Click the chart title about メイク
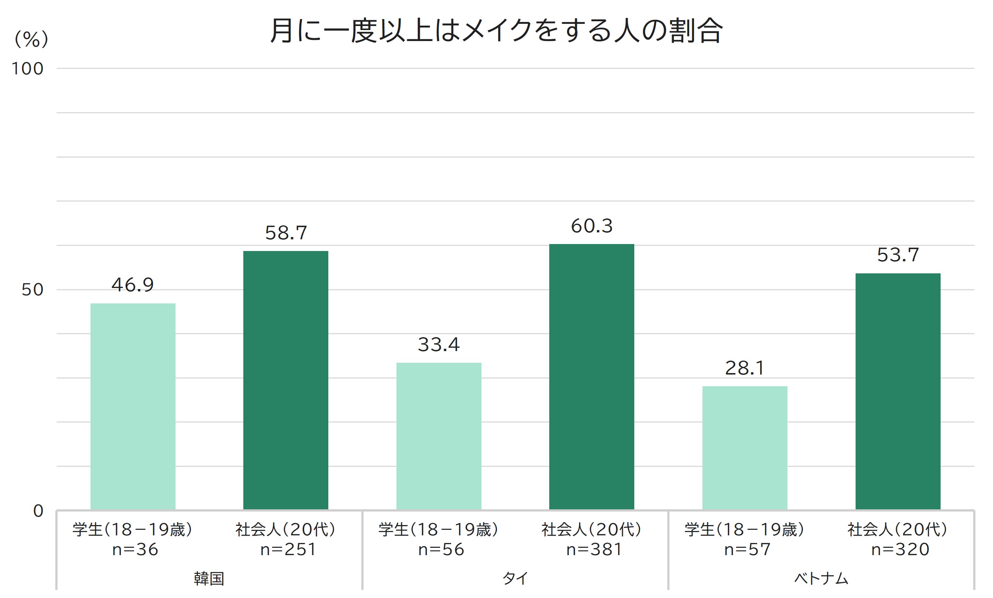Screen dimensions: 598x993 [496, 31]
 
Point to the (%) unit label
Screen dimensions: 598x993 [31, 40]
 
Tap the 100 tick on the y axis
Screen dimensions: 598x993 [27, 69]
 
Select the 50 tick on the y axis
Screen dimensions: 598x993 [32, 290]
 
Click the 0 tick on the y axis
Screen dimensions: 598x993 [38, 511]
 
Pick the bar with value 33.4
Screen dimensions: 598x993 [439, 436]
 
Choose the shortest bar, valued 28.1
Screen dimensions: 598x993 [745, 448]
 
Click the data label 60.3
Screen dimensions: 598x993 [591, 226]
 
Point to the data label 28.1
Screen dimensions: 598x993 [745, 368]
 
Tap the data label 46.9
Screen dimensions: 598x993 [133, 285]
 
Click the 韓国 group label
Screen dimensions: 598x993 [208, 579]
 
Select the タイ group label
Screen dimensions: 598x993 [515, 579]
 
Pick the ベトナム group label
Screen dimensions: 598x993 [821, 579]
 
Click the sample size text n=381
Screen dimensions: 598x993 [594, 550]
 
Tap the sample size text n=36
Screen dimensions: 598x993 [135, 550]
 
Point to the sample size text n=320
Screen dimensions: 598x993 [900, 550]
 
